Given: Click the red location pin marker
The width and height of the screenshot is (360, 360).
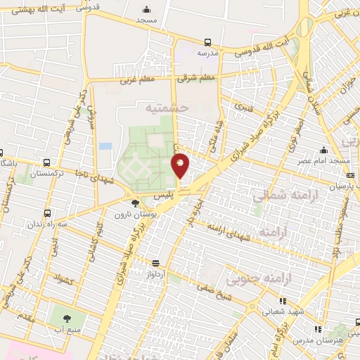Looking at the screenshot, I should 181,165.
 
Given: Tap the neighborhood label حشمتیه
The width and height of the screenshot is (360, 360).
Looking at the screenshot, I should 167,108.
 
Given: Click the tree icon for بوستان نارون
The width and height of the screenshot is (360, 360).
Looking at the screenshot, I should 134,203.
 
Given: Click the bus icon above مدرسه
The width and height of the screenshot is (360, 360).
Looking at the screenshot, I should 207,42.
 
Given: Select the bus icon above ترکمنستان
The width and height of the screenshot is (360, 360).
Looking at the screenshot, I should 46,162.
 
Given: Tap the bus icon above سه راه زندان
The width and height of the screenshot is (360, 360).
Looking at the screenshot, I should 47,212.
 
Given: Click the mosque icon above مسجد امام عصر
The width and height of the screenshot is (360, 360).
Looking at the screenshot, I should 323,150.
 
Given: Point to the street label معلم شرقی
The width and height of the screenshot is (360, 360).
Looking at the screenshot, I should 198,77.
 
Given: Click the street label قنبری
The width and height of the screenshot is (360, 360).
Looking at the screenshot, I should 243,108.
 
